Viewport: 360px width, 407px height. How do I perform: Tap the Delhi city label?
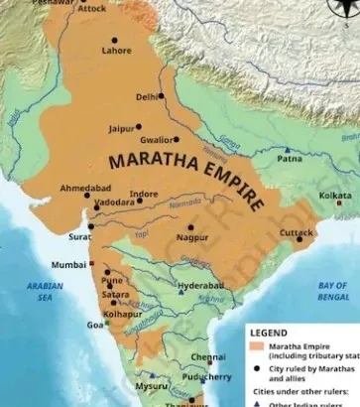coord(147,97)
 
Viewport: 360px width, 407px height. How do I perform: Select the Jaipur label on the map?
coord(121,129)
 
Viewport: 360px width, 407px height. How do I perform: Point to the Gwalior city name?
coord(161,140)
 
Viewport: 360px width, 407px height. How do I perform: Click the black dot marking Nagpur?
coord(189,227)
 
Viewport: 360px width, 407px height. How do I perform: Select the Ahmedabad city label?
coord(85,189)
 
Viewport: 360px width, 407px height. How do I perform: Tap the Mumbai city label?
coord(68,265)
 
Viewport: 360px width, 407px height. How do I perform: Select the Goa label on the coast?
coord(95,325)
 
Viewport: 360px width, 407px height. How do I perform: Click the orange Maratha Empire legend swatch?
coord(256,347)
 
